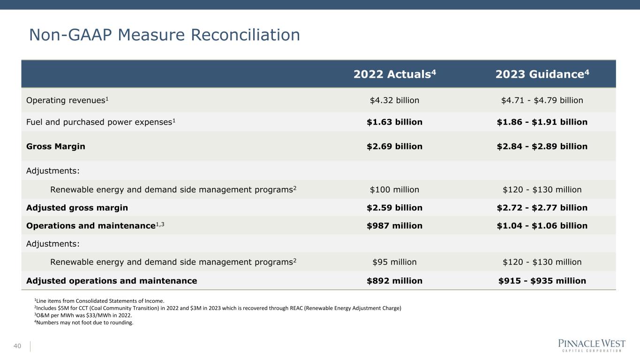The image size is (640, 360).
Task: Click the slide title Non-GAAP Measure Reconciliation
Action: click(x=164, y=35)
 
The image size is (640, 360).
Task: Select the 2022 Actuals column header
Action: click(x=394, y=75)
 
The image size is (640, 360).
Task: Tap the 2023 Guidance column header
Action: click(x=542, y=75)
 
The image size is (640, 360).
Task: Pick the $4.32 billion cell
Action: click(x=394, y=100)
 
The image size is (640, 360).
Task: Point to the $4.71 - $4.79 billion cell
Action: click(x=542, y=100)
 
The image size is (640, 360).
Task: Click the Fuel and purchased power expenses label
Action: click(x=101, y=122)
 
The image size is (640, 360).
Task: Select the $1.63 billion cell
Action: click(x=394, y=122)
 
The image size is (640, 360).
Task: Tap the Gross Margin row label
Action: click(x=56, y=146)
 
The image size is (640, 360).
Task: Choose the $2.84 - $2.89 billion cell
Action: click(x=542, y=146)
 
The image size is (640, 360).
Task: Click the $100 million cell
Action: click(x=394, y=190)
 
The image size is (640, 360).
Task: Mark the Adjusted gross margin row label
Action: click(x=77, y=208)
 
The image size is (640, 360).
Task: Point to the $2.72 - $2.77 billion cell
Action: click(x=542, y=208)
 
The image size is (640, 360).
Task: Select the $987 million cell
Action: click(x=394, y=225)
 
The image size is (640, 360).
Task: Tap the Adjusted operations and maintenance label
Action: click(x=112, y=281)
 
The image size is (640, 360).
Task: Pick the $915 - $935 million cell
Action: click(x=542, y=281)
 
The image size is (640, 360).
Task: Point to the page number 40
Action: click(x=17, y=346)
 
